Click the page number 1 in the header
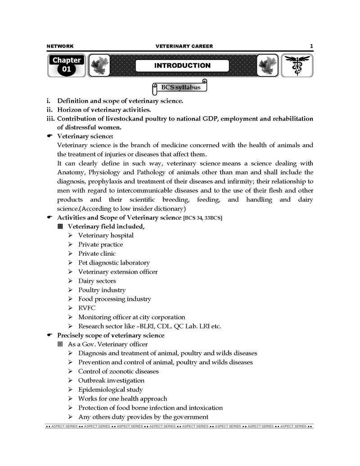coord(311,46)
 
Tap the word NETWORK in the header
coord(60,46)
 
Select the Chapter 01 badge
coord(66,65)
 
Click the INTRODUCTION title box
coord(182,66)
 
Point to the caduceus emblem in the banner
coord(297,66)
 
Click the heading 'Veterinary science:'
coord(85,136)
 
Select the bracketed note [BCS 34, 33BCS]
coord(202,218)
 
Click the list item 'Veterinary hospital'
coord(106,235)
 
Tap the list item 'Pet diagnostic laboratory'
coord(114,262)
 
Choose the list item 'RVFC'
coord(87,308)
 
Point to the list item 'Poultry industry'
coord(102,290)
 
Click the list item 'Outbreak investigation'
coord(111,380)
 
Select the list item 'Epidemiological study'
coord(110,389)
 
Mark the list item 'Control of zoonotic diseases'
coord(118,371)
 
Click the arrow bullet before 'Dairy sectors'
coord(71,281)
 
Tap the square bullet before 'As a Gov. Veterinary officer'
coord(60,344)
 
